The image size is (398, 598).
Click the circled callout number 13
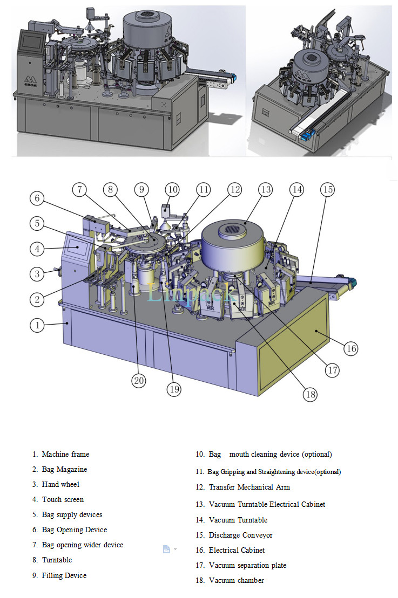coord(266,190)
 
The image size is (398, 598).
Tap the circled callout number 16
coord(351,348)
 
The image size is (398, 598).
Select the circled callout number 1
coord(37,325)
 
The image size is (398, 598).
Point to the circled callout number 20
coord(139,380)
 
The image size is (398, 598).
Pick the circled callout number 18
coord(310,394)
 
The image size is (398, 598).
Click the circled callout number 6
coord(37,198)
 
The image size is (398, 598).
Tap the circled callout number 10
coord(173,190)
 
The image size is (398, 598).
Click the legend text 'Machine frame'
coord(65,454)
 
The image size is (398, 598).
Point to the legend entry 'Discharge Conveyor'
coord(241,535)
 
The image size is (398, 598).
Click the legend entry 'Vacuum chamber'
coord(237,580)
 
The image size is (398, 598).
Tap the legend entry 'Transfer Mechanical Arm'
coord(249,487)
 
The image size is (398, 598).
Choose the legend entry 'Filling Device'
coord(64,575)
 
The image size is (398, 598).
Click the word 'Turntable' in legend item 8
coord(57,560)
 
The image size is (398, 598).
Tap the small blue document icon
coord(166,549)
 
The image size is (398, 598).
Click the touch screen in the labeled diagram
coord(77,248)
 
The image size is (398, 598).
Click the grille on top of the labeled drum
coord(231,229)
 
